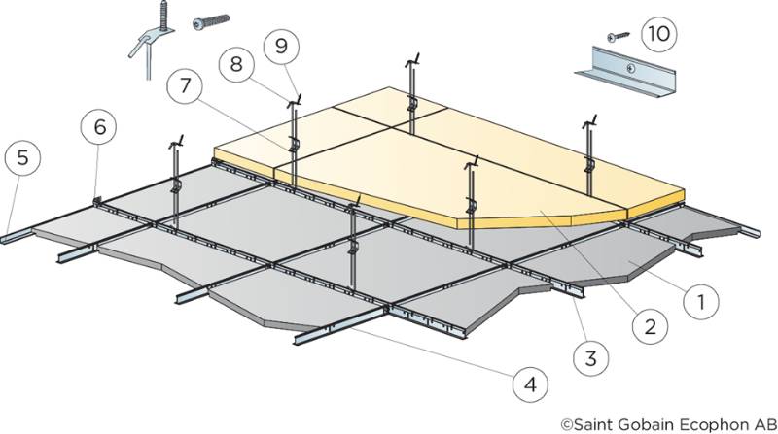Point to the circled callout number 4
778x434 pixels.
coord(530,384)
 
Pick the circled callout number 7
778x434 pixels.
coord(183,84)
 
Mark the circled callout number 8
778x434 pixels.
coord(235,66)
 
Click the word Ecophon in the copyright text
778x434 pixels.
coord(696,422)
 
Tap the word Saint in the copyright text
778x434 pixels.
coord(594,422)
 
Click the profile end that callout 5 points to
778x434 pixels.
coord(18,237)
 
